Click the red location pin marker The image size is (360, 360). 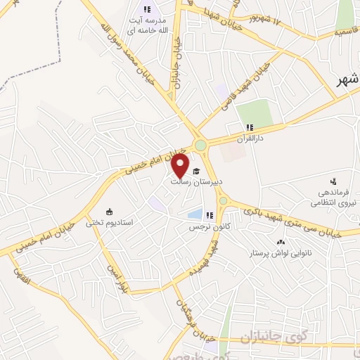[180, 166]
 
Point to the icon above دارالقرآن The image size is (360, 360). [248, 127]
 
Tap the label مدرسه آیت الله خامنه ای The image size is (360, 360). [147, 26]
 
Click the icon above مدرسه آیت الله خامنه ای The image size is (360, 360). [147, 9]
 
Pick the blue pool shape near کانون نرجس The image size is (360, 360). [195, 214]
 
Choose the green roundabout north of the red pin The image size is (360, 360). [202, 146]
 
